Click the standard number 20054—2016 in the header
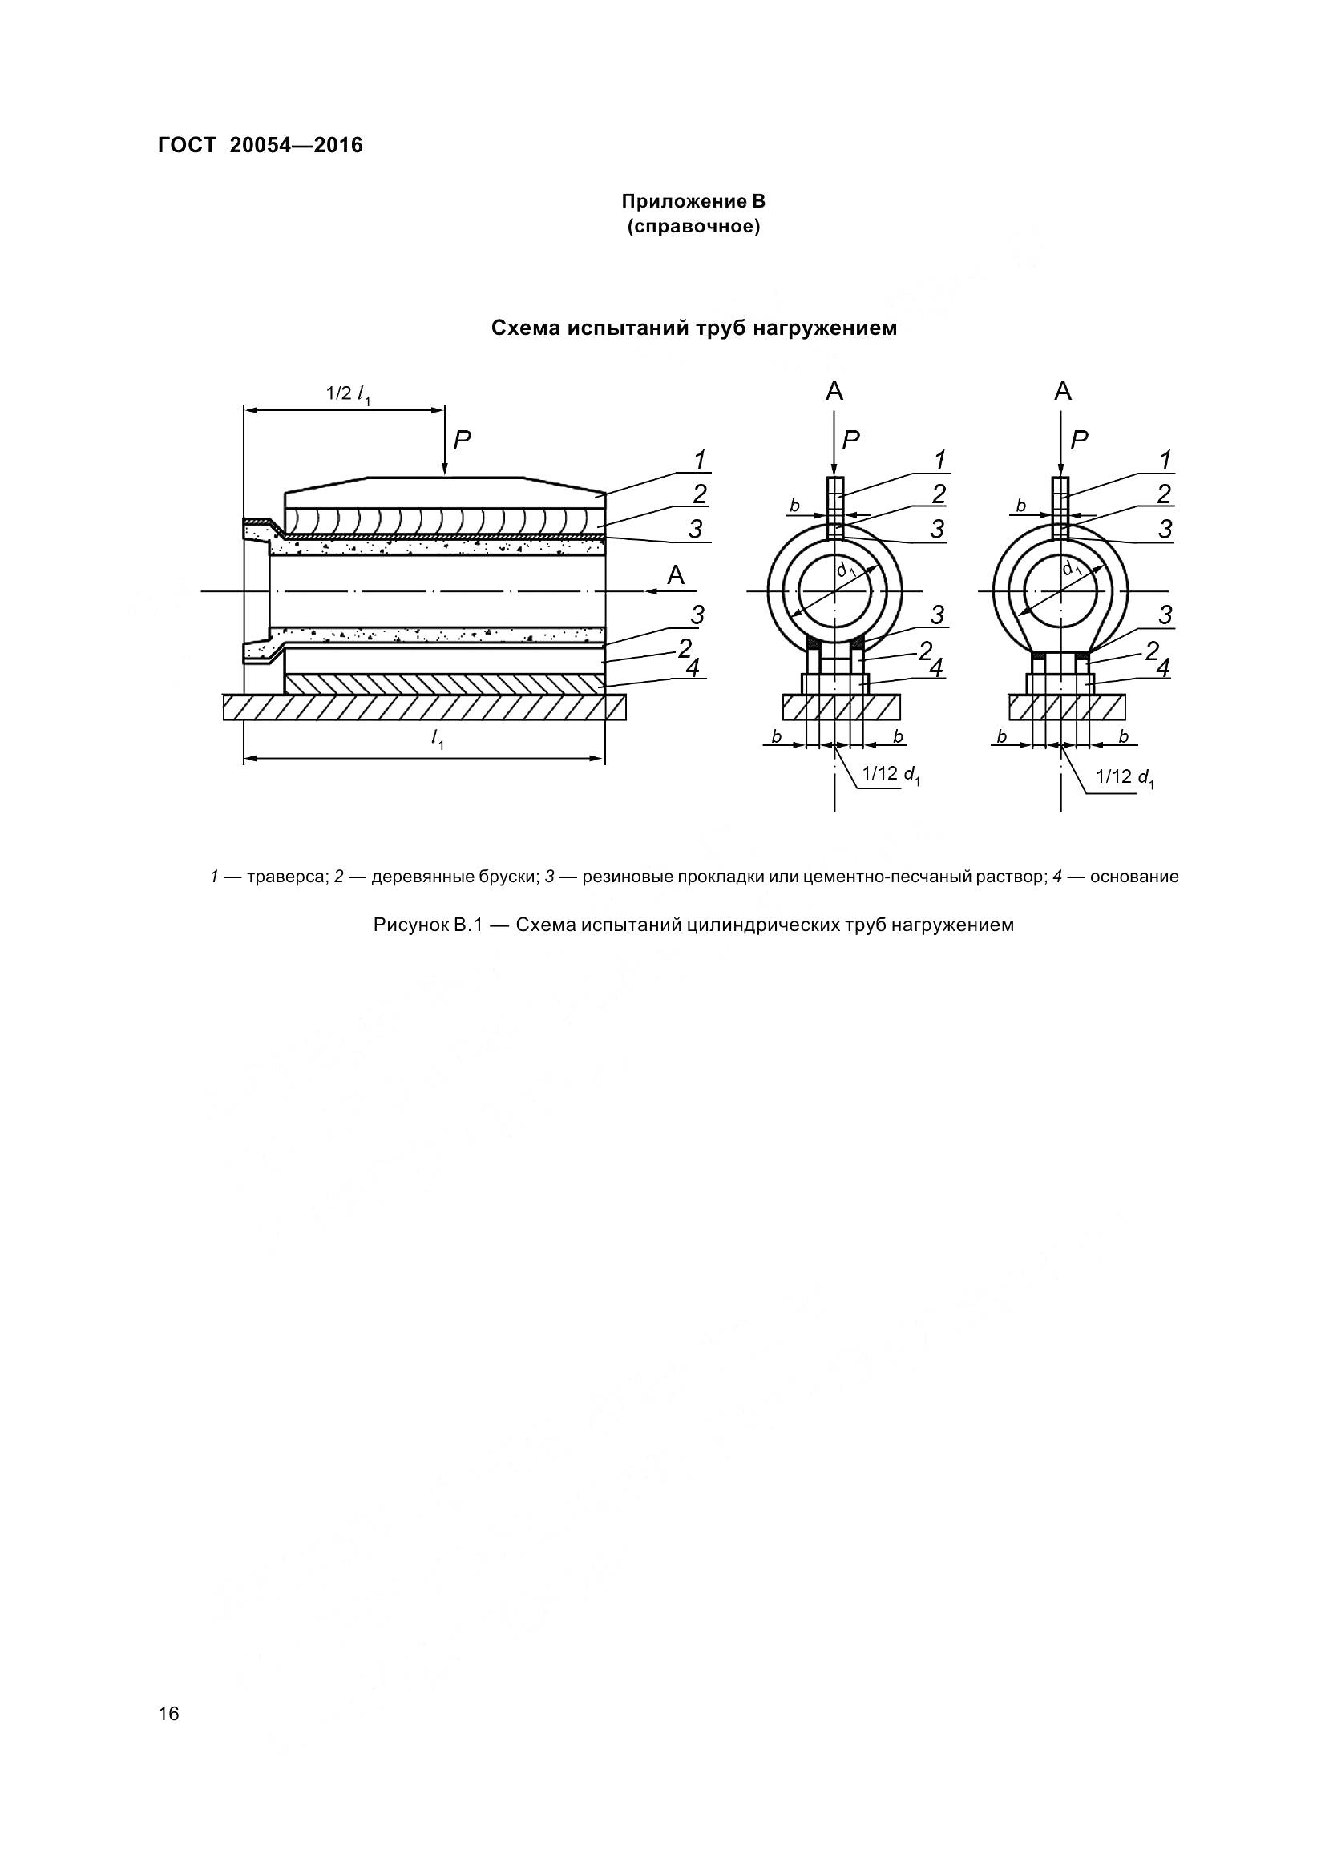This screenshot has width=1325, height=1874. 297,146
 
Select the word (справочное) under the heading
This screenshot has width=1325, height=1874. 694,227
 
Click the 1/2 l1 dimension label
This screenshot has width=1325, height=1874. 349,394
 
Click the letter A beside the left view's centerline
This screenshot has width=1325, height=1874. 676,575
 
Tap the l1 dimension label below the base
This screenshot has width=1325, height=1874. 437,740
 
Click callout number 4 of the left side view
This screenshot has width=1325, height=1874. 693,667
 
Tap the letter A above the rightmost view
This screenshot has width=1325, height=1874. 1062,392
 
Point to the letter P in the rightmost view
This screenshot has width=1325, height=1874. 1079,441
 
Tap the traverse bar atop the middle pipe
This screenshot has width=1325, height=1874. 834,506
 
